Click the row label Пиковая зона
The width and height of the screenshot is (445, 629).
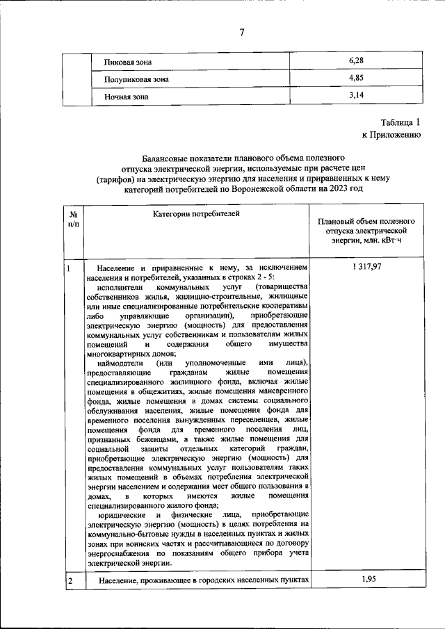pyautogui.click(x=127, y=62)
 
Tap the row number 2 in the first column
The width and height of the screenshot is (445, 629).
pyautogui.click(x=70, y=580)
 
